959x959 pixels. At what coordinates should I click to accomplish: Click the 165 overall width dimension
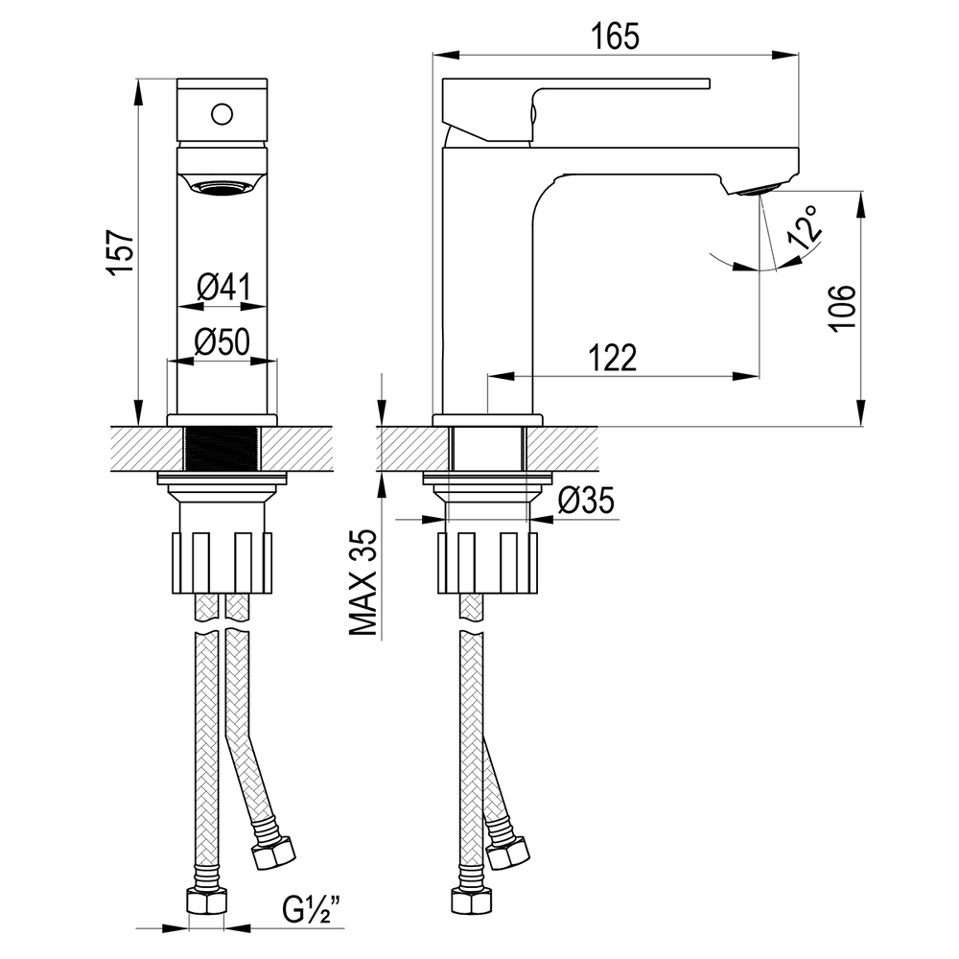click(x=616, y=36)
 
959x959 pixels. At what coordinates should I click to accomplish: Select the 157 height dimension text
click(x=121, y=252)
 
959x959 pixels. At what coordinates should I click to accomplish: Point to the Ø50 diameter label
click(x=222, y=341)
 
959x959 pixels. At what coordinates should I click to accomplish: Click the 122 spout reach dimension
click(x=612, y=357)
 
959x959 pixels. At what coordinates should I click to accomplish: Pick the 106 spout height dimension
click(x=842, y=308)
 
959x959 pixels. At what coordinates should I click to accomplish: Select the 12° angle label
click(x=805, y=227)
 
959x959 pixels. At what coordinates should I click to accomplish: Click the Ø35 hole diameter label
click(x=586, y=502)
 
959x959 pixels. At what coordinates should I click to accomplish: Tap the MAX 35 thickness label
click(x=363, y=582)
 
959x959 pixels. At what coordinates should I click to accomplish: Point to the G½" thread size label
click(x=312, y=909)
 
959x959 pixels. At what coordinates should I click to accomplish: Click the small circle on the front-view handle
click(x=222, y=114)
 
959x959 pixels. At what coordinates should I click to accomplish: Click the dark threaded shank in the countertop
click(x=222, y=449)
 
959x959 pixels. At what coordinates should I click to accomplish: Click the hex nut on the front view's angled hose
click(x=273, y=852)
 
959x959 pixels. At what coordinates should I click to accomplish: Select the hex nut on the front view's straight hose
click(x=205, y=901)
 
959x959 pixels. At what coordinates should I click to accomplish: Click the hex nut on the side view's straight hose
click(x=472, y=901)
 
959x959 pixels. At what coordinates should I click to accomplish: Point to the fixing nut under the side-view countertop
click(x=487, y=563)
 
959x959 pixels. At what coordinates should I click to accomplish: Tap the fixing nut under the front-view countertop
click(x=222, y=563)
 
